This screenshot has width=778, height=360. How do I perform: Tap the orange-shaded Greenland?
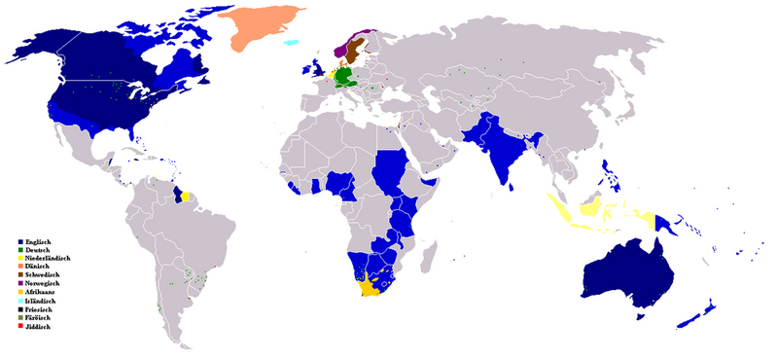point(255,29)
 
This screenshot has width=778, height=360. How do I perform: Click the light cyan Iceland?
point(288,43)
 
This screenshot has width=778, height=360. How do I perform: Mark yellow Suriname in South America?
point(184,194)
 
